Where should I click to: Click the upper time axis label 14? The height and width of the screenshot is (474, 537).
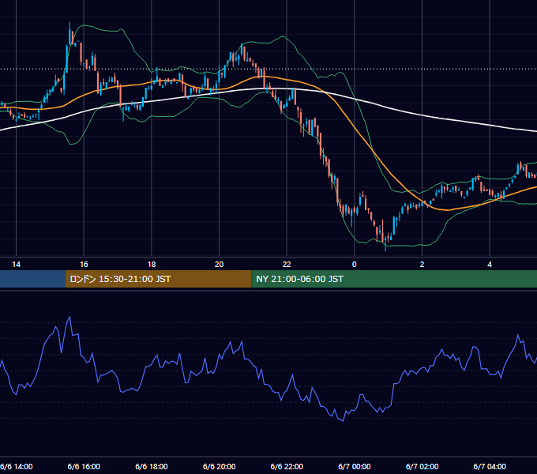click(16, 265)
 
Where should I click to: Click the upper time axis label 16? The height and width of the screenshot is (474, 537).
click(84, 265)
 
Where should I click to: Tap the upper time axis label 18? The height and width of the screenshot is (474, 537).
click(152, 265)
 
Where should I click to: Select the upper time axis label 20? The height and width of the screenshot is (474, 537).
click(220, 265)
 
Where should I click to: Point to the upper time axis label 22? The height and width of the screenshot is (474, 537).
click(287, 265)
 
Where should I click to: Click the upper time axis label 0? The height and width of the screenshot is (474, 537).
click(355, 265)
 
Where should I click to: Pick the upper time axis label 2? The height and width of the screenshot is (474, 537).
click(422, 265)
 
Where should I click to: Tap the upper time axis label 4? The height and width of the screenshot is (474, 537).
click(490, 265)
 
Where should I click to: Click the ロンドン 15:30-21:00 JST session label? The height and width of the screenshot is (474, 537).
click(120, 279)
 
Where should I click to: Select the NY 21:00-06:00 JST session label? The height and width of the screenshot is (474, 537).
click(299, 279)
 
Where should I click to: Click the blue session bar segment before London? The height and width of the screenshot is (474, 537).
click(32, 279)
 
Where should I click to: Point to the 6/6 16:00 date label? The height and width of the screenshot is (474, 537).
click(84, 467)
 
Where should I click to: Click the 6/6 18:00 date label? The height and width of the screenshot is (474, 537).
click(152, 467)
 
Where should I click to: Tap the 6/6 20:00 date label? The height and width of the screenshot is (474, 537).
click(220, 467)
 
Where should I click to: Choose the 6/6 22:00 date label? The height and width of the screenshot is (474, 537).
click(287, 467)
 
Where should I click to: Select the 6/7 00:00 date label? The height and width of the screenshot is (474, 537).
click(355, 467)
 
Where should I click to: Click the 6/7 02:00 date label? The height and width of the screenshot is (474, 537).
click(422, 467)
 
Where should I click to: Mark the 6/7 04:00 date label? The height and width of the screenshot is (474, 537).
click(490, 467)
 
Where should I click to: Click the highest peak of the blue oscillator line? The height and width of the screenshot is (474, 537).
click(69, 317)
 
